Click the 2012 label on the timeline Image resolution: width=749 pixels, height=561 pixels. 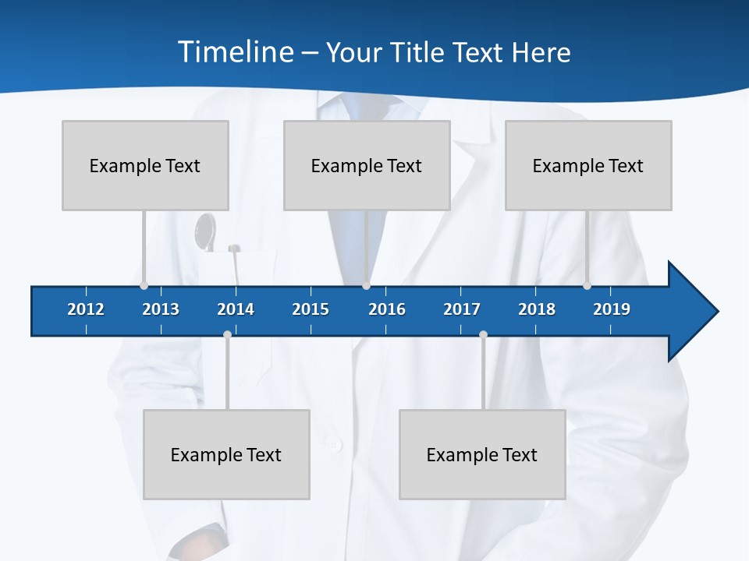tap(86, 309)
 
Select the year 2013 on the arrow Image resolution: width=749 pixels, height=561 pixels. tap(161, 309)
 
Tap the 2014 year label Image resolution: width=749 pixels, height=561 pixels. tap(236, 309)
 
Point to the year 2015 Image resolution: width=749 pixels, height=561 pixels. tap(311, 309)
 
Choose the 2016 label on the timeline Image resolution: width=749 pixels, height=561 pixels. tap(387, 309)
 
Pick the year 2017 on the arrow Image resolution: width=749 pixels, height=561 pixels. tap(462, 309)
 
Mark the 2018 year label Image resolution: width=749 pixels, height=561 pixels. tap(537, 309)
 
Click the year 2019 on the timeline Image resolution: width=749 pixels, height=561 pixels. tap(612, 309)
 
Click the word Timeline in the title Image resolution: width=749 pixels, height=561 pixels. tap(235, 52)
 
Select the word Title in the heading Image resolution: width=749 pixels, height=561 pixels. tap(418, 52)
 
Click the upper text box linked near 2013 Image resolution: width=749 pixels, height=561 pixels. tap(145, 165)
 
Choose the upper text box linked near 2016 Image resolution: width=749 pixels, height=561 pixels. tap(367, 165)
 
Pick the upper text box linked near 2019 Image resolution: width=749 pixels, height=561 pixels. tap(588, 165)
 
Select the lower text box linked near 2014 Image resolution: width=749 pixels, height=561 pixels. tap(226, 454)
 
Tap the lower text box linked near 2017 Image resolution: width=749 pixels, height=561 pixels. tap(482, 454)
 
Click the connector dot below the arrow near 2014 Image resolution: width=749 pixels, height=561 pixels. tap(227, 335)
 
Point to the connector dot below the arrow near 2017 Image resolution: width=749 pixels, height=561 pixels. tap(483, 335)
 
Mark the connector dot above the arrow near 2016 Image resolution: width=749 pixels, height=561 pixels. tap(366, 286)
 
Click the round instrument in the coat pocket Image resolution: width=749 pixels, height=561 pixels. tap(205, 232)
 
